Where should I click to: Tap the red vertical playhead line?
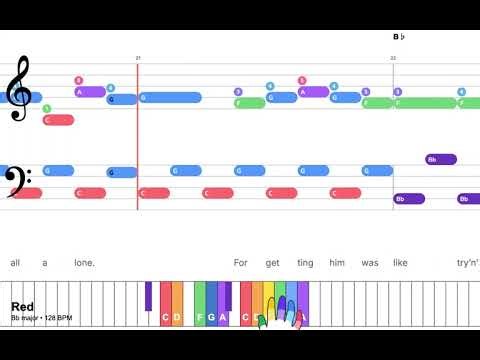coord(138,140)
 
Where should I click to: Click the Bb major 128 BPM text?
coord(42,318)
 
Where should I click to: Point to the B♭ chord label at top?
coord(398,37)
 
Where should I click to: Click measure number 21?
coord(138,59)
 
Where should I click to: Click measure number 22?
coord(393,59)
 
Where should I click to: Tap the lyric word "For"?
coord(241,263)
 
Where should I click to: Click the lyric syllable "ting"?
coord(305,263)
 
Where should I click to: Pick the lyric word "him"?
coord(336,263)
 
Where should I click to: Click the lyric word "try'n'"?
coord(467,263)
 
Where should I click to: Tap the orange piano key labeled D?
coord(177,318)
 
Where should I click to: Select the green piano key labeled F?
coord(200,318)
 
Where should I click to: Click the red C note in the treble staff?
coord(59,120)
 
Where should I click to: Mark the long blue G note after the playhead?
coord(170,98)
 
